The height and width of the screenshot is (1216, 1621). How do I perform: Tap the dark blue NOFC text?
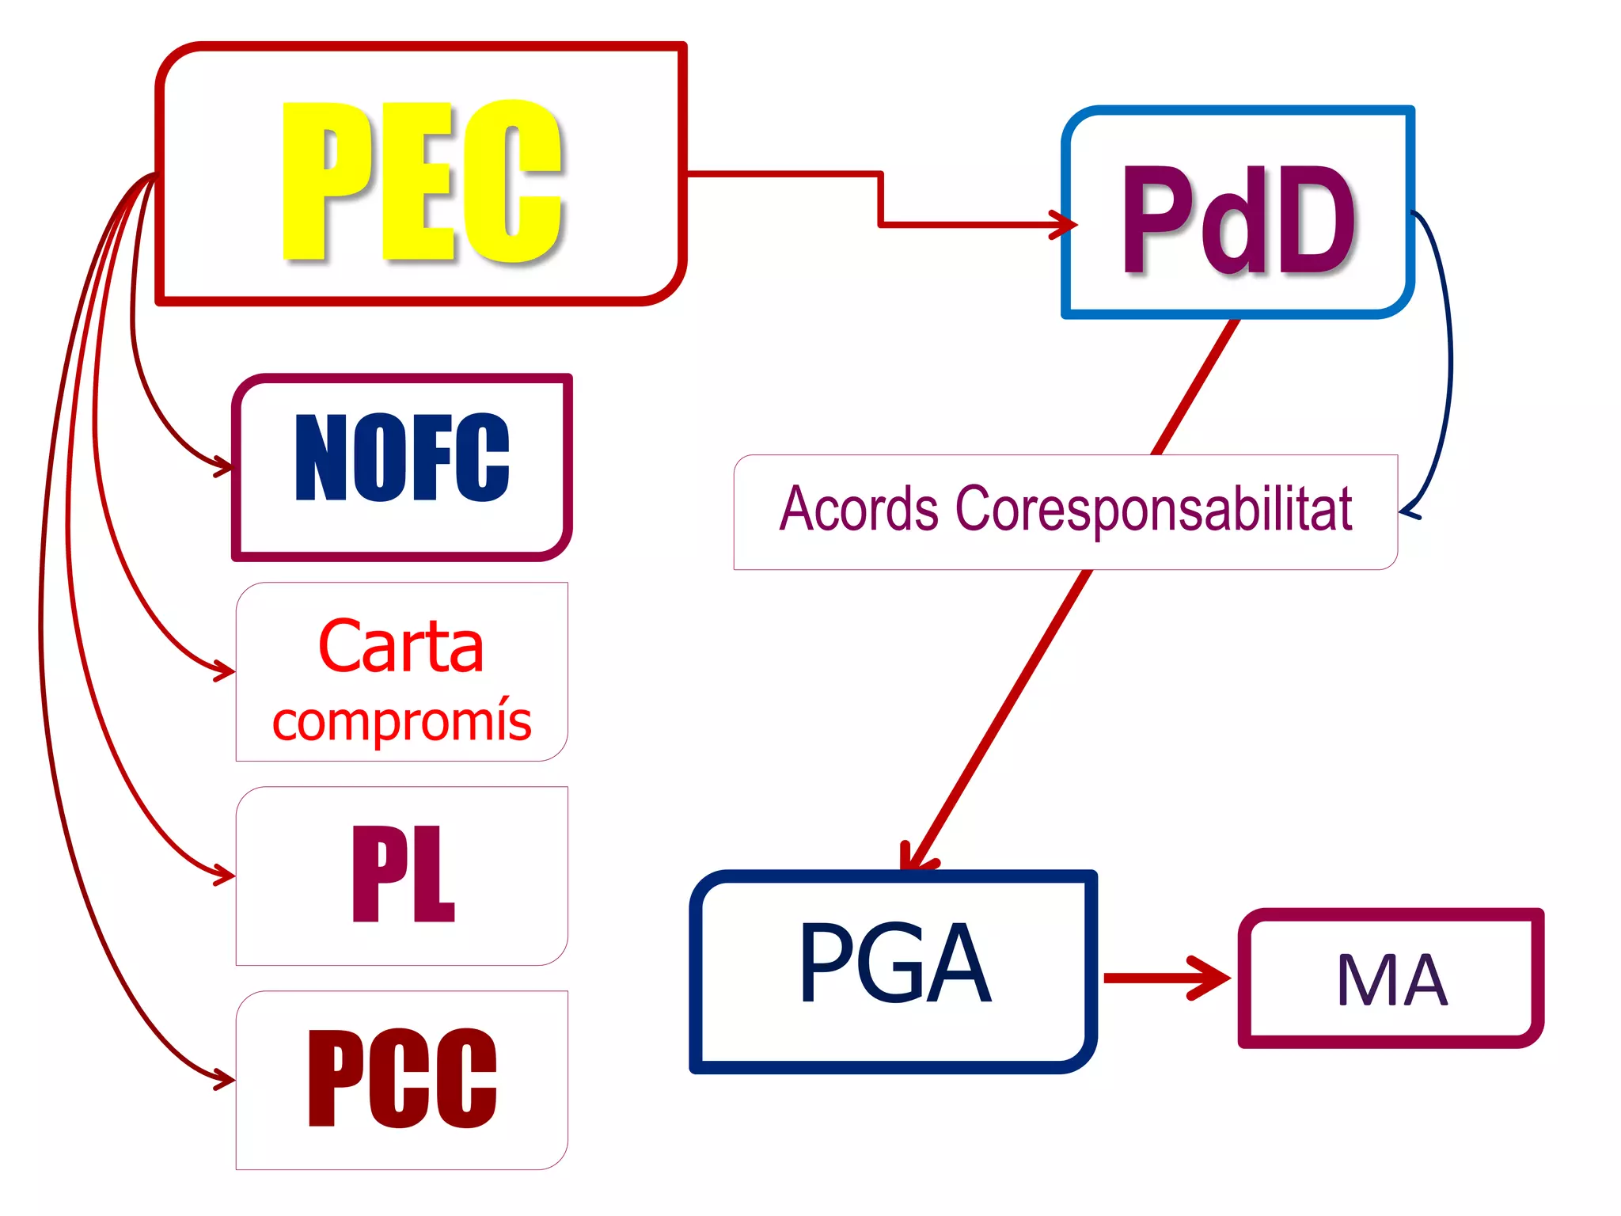402,458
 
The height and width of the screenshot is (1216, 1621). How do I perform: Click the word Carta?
401,646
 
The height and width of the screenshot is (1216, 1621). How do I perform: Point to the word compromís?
401,721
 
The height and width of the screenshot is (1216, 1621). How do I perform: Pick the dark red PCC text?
402,1078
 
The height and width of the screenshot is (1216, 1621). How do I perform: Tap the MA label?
1391,980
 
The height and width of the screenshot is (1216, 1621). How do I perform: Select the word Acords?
859,508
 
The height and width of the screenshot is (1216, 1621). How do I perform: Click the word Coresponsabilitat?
1153,510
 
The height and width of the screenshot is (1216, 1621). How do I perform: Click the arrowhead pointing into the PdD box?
1065,224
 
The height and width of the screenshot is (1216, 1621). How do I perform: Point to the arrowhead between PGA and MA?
1213,978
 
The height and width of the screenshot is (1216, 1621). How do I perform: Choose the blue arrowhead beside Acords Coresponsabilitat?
1408,511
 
